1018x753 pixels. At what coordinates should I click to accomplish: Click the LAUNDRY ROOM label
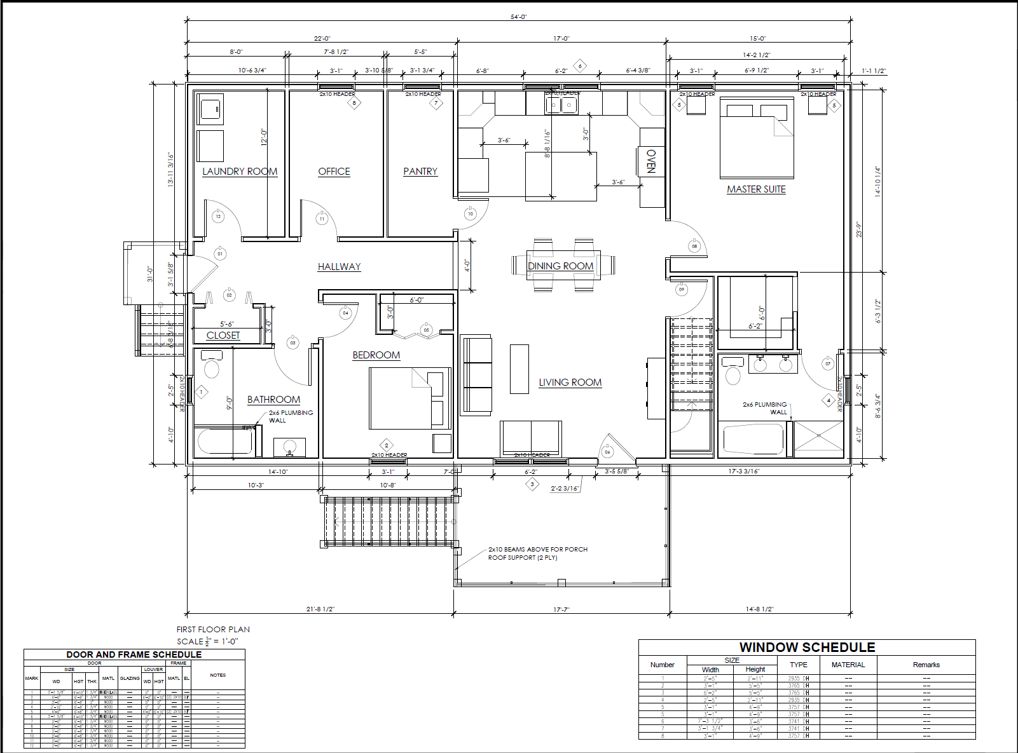[x=240, y=172]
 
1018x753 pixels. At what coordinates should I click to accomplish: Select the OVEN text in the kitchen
[x=651, y=161]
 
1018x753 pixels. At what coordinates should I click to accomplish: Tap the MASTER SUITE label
[x=756, y=189]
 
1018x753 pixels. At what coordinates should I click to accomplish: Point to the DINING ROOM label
[x=560, y=266]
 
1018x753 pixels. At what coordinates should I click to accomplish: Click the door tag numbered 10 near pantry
[x=471, y=214]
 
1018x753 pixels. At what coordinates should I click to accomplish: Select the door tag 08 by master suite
[x=694, y=247]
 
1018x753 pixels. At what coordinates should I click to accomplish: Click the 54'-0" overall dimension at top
[x=518, y=17]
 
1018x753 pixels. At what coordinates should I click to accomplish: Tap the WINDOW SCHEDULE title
[x=807, y=648]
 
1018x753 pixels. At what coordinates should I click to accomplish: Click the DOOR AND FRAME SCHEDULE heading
[x=134, y=655]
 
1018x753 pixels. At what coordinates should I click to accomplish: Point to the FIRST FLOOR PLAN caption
[x=213, y=629]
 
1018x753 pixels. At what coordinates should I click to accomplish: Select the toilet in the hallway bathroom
[x=211, y=367]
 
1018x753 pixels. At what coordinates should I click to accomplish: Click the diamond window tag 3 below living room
[x=532, y=485]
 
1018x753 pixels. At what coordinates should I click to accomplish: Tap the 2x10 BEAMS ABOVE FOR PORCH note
[x=538, y=550]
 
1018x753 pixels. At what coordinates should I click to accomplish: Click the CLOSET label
[x=223, y=336]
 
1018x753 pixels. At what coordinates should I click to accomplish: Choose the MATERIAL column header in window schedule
[x=848, y=665]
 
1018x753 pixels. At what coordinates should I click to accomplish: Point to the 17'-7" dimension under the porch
[x=561, y=609]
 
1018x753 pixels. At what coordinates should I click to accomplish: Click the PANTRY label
[x=420, y=172]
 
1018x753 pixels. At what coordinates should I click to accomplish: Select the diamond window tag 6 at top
[x=579, y=65]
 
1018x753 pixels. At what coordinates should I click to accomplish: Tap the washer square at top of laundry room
[x=210, y=109]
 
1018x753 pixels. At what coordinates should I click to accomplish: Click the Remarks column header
[x=926, y=665]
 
